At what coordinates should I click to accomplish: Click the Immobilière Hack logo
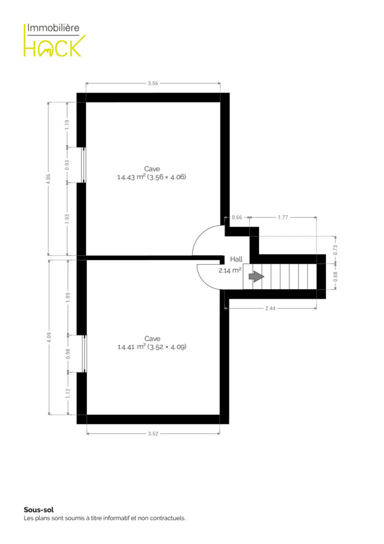pyautogui.click(x=54, y=40)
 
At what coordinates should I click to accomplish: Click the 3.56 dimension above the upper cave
pyautogui.click(x=153, y=83)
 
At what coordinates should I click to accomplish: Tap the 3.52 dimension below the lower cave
pyautogui.click(x=153, y=434)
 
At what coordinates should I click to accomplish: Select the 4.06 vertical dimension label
pyautogui.click(x=48, y=179)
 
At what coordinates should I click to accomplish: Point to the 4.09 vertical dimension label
pyautogui.click(x=48, y=338)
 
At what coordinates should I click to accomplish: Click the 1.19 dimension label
pyautogui.click(x=67, y=125)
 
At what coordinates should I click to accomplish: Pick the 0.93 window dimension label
pyautogui.click(x=67, y=165)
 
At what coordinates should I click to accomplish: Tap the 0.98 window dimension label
pyautogui.click(x=68, y=354)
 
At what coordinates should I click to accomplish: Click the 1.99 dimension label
pyautogui.click(x=68, y=298)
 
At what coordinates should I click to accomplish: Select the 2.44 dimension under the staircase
pyautogui.click(x=270, y=308)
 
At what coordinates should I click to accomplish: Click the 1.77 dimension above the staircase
pyautogui.click(x=283, y=217)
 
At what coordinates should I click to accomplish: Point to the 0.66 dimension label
pyautogui.click(x=237, y=217)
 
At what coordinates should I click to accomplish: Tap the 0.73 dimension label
pyautogui.click(x=335, y=250)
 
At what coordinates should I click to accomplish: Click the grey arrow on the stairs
pyautogui.click(x=256, y=277)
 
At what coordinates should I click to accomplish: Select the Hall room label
pyautogui.click(x=236, y=259)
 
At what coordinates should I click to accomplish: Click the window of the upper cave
pyautogui.click(x=83, y=165)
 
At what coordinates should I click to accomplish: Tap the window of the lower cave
pyautogui.click(x=84, y=354)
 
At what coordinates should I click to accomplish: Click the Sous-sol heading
pyautogui.click(x=39, y=509)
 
